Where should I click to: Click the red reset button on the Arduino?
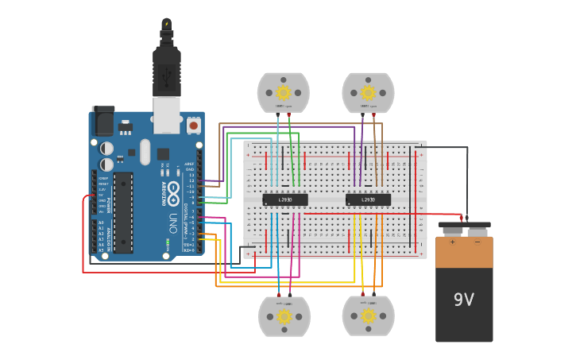tap(193, 126)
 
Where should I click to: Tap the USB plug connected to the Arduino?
tap(167, 75)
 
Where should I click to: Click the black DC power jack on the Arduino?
tap(102, 121)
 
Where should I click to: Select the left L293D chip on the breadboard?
tap(285, 199)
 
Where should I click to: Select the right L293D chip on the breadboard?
tap(368, 199)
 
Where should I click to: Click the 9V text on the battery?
tap(463, 300)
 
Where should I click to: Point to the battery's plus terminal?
tap(453, 232)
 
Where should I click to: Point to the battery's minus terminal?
tap(477, 232)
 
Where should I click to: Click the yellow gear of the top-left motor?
tap(283, 92)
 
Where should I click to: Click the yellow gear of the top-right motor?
tap(368, 92)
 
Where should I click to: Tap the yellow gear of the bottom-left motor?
tap(284, 316)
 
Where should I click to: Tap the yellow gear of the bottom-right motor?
tap(368, 316)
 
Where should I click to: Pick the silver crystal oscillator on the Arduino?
tap(145, 151)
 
